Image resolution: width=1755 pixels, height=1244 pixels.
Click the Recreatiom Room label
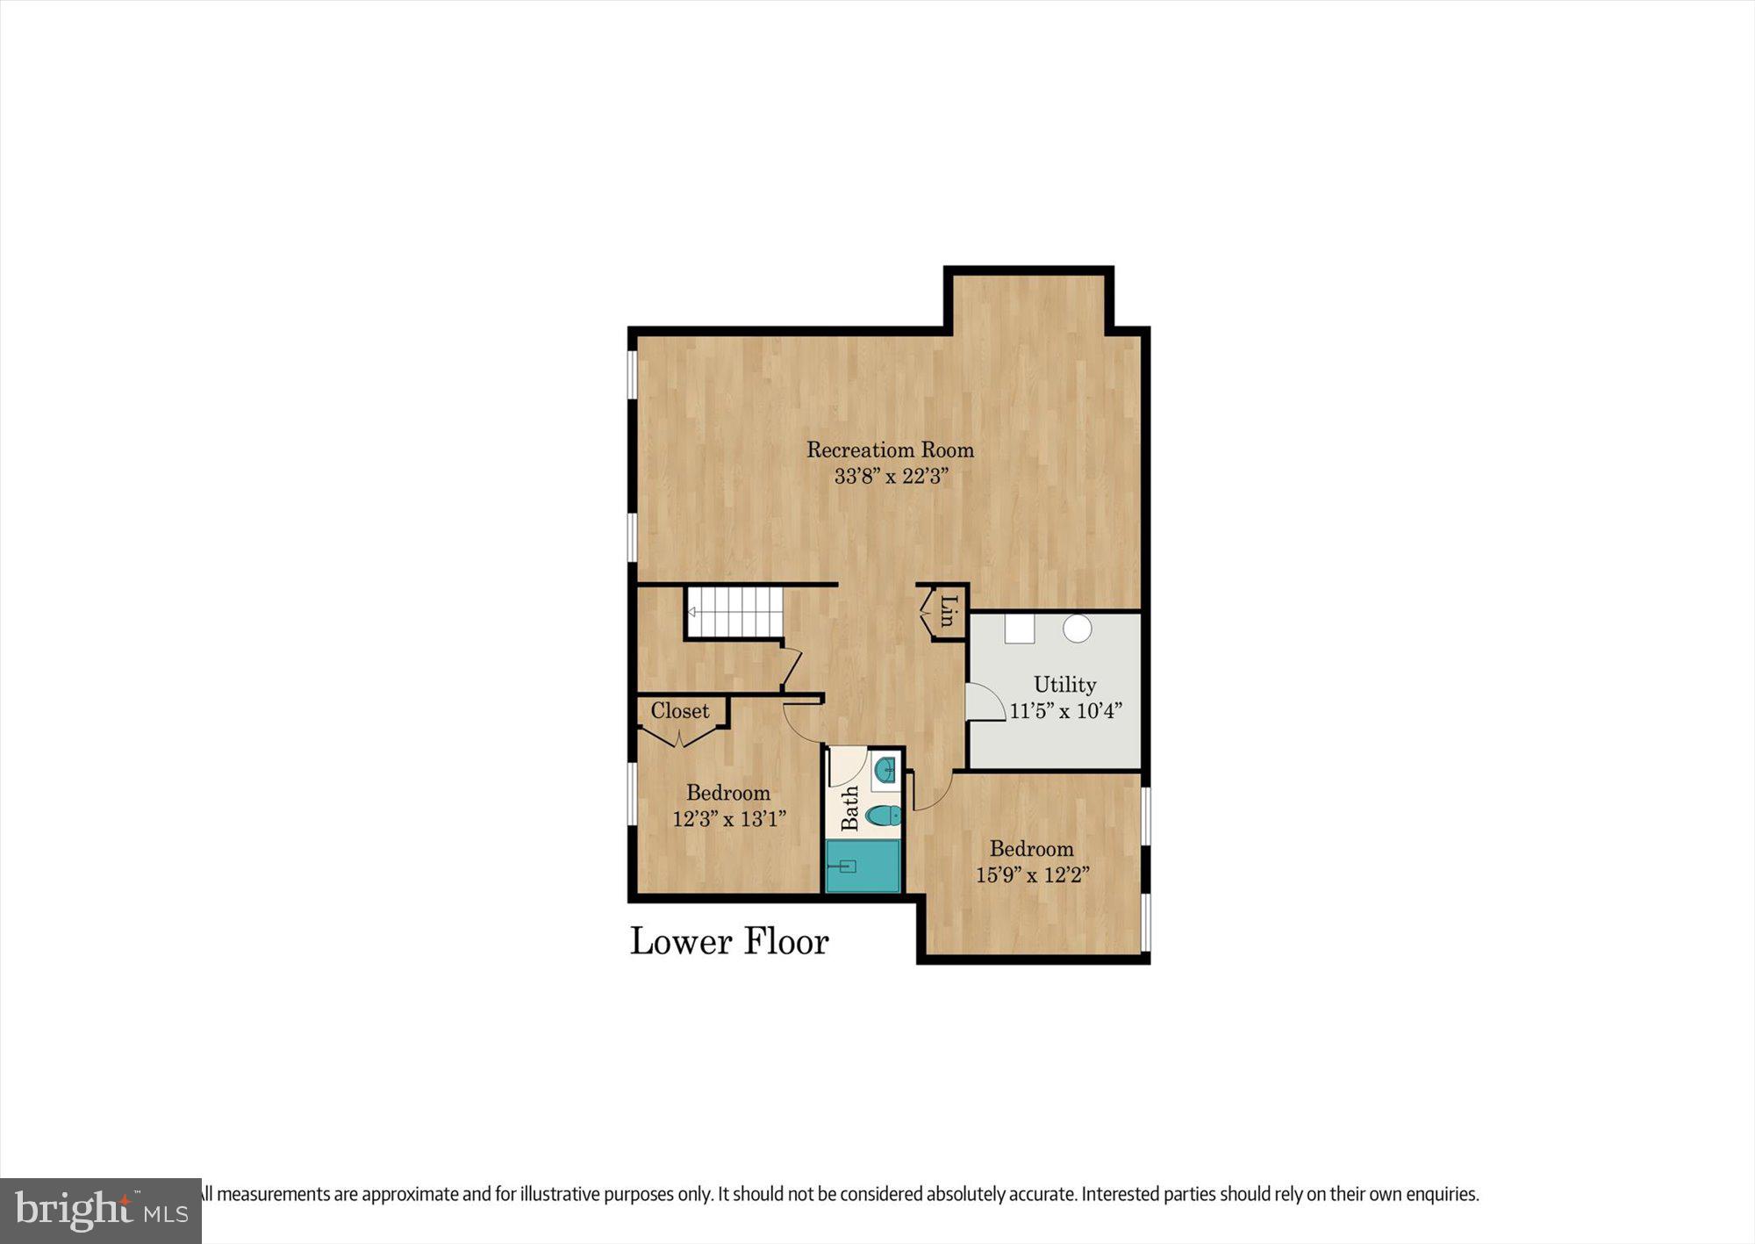(x=890, y=449)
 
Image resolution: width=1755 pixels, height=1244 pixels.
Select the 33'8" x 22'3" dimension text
(x=891, y=477)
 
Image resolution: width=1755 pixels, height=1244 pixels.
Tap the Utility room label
(x=1064, y=684)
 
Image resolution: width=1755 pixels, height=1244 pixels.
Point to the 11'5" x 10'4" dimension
(x=1065, y=710)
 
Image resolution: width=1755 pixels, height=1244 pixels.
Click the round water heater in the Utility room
(x=1077, y=629)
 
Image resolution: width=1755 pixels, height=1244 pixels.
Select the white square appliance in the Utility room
(x=1020, y=629)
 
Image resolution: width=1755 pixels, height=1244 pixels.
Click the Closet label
(x=679, y=710)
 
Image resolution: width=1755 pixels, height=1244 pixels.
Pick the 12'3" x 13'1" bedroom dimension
(x=729, y=819)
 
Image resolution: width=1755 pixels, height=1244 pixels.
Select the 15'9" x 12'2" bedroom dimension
(x=1032, y=874)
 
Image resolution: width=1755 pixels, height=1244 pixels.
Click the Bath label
(x=849, y=808)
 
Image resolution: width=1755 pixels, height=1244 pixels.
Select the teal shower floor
(x=863, y=866)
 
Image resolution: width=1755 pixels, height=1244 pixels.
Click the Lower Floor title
(x=729, y=941)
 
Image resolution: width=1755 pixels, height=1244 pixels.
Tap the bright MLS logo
(x=101, y=1211)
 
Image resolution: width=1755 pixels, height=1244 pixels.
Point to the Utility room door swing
(x=984, y=704)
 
